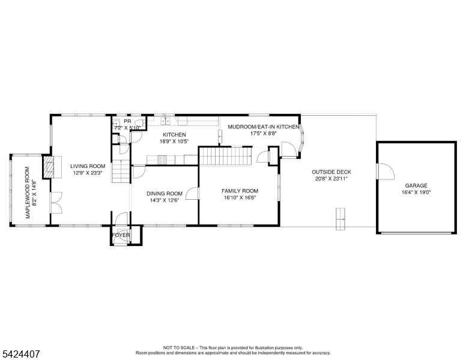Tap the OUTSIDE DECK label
click(x=331, y=172)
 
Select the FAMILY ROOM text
click(x=240, y=191)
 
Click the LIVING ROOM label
click(x=88, y=166)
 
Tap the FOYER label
click(x=121, y=235)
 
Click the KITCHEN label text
click(x=174, y=135)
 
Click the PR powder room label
click(x=127, y=121)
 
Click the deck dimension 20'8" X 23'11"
click(x=331, y=178)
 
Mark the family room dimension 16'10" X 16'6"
click(x=240, y=197)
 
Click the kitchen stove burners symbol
click(x=162, y=160)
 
